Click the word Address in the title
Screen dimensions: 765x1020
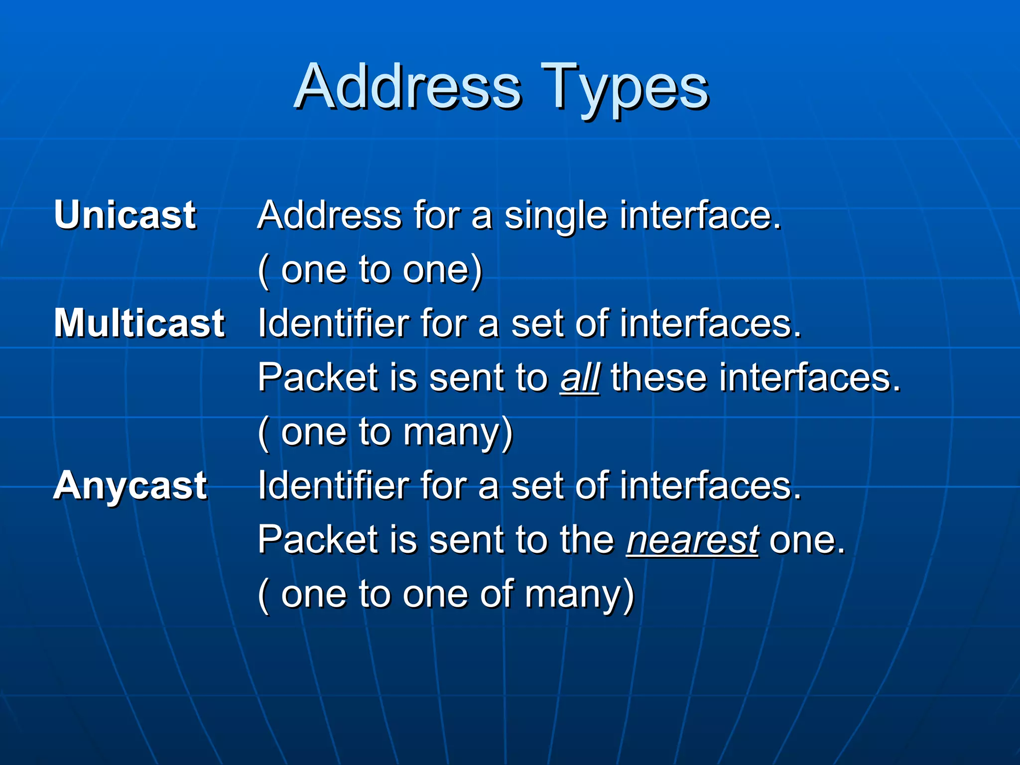(407, 87)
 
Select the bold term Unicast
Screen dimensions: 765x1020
(126, 215)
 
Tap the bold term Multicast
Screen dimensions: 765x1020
(139, 323)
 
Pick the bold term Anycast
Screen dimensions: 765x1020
(130, 486)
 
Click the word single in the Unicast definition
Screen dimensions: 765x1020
(556, 216)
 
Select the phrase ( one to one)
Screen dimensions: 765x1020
(370, 270)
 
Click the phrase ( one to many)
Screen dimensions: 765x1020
(385, 432)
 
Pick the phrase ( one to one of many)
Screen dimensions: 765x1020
(446, 594)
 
